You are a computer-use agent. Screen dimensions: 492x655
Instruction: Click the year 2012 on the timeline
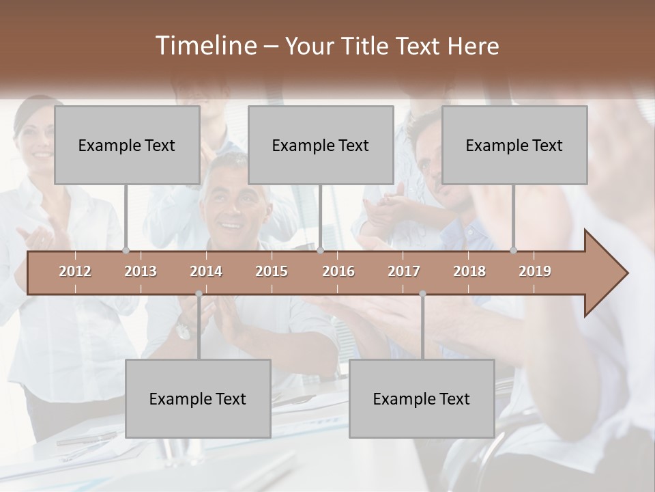point(75,271)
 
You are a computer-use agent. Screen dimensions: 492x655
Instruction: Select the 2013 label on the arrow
point(141,271)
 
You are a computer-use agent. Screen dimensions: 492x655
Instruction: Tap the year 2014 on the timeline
point(206,271)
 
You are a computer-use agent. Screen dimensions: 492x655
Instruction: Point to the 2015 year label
point(272,271)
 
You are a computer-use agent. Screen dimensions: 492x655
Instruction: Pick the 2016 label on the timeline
point(338,271)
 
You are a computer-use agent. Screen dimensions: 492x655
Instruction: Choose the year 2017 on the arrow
point(404,271)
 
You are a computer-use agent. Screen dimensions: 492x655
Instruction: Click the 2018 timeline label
point(469,271)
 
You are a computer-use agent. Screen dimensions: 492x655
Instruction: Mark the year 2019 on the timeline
point(535,271)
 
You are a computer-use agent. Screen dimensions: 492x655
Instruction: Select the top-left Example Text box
point(127,146)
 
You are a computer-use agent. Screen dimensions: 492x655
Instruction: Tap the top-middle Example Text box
point(321,146)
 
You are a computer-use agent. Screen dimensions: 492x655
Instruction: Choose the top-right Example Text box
point(514,146)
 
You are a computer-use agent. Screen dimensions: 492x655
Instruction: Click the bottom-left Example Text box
point(198,399)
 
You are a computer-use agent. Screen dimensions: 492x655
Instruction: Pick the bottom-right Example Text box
point(422,399)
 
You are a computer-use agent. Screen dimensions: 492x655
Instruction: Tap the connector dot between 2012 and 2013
point(126,250)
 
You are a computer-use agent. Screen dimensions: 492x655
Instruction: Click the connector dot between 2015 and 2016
point(321,250)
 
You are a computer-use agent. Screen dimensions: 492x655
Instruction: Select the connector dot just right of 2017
point(422,294)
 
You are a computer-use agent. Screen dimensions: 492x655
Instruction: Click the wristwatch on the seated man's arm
point(183,332)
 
